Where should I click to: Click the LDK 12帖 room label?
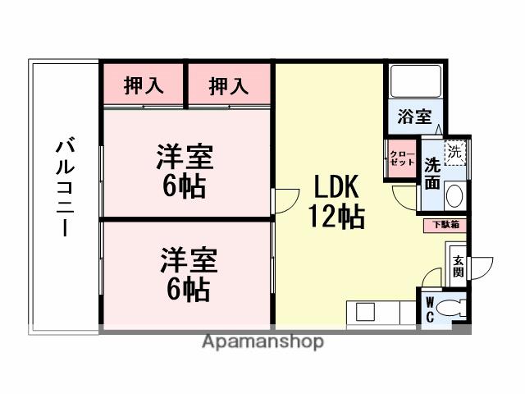[336, 201]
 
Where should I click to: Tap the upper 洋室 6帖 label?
[185, 171]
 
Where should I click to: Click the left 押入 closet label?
[143, 85]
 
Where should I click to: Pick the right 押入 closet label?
[229, 85]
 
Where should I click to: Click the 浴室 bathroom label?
[414, 117]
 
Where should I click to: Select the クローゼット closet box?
[401, 158]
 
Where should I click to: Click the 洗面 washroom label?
[432, 172]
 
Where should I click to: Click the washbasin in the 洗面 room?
[455, 196]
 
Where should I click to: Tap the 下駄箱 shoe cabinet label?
[445, 223]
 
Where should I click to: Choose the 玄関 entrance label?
[458, 265]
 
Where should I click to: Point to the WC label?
[429, 309]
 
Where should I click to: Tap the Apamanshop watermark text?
[262, 341]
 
